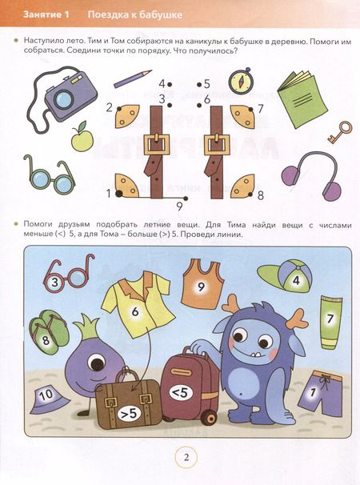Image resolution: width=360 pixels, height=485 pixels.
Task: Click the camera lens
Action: click(x=64, y=99)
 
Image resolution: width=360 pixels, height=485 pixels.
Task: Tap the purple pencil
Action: click(x=133, y=78)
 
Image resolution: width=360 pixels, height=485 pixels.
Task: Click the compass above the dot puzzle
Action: click(x=241, y=81)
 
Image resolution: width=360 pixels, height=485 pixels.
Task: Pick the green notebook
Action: click(x=302, y=99)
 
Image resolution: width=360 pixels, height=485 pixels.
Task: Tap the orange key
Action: click(x=340, y=132)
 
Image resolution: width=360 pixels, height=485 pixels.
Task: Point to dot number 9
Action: click(x=186, y=198)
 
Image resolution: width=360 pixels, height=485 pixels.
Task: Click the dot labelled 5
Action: click(x=199, y=84)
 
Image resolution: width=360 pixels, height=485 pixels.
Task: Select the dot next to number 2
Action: click(x=119, y=109)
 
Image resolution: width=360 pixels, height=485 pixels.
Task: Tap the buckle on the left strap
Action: click(x=157, y=145)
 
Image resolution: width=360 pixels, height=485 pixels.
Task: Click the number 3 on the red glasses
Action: click(x=54, y=282)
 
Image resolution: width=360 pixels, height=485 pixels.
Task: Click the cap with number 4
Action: click(x=285, y=278)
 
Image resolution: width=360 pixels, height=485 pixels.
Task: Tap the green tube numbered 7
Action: click(x=331, y=323)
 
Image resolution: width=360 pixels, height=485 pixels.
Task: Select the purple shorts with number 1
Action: click(x=320, y=393)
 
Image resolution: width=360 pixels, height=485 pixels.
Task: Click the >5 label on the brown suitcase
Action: click(x=130, y=414)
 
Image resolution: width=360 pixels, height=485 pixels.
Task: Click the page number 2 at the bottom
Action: click(x=186, y=458)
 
